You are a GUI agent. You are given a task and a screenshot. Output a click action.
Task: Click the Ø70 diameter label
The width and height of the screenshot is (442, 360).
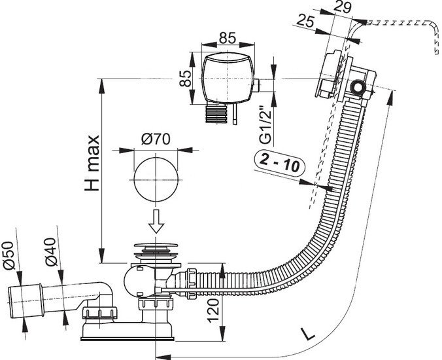pos(156,139)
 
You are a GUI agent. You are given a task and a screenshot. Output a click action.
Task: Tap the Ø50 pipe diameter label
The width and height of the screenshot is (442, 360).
pos(8,255)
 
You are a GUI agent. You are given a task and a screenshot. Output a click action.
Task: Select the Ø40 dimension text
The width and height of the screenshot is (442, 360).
pos(51,252)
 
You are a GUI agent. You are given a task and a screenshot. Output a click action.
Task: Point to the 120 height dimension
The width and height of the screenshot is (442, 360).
pos(213,310)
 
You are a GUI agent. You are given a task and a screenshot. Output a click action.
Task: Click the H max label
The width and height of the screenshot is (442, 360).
pos(92,164)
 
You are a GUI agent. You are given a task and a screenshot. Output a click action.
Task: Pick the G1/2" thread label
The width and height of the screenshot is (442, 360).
pos(265,125)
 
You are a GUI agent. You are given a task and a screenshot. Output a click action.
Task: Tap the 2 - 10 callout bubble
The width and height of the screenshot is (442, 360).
pos(279,163)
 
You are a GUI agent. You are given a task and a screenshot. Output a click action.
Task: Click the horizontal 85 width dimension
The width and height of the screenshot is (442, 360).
pos(228,38)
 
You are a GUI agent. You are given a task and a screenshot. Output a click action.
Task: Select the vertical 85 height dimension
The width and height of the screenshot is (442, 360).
pos(185,78)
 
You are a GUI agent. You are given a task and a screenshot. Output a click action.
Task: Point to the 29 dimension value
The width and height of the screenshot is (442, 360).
pos(343,7)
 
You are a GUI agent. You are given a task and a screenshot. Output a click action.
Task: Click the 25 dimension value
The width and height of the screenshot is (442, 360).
pos(305,21)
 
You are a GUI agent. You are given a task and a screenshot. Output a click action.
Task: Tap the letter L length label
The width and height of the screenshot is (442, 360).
pos(307,334)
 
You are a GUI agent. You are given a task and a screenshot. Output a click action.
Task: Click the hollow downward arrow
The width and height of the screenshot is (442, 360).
pos(156,221)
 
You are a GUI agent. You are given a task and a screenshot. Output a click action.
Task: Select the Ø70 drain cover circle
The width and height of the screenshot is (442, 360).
pos(156,179)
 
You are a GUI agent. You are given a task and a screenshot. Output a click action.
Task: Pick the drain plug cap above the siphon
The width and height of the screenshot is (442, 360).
pos(156,247)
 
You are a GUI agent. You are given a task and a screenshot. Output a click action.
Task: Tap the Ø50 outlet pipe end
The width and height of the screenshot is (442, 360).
pos(25,301)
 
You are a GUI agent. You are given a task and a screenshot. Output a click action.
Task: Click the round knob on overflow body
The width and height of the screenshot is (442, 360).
pos(358,88)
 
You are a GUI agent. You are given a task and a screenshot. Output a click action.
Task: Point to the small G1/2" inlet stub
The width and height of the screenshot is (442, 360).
pos(257,86)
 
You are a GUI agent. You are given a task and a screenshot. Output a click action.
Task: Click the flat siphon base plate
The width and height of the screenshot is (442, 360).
pos(127,338)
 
